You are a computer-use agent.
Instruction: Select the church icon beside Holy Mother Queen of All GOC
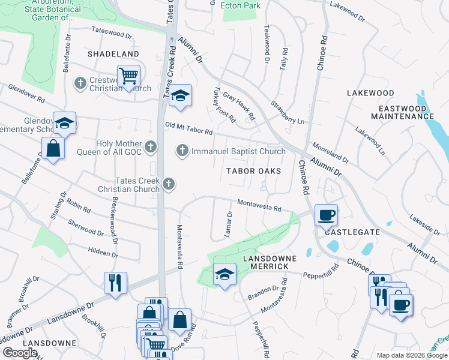click(151, 145)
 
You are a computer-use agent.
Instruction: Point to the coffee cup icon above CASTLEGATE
click(326, 214)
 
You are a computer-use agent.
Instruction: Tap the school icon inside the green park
click(224, 275)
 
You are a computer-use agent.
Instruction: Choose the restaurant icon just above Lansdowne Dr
click(115, 282)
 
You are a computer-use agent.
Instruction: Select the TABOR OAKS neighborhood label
click(253, 171)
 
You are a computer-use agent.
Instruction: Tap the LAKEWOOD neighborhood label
click(370, 93)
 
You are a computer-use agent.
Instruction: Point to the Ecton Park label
click(240, 5)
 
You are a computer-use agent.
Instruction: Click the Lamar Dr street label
click(228, 224)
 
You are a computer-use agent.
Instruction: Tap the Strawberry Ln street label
click(288, 112)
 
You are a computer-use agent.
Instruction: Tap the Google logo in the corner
click(20, 352)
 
